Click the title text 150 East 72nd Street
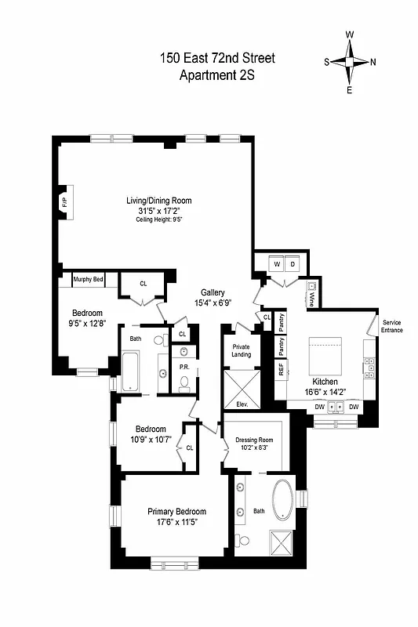pos(217,58)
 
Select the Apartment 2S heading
pos(217,75)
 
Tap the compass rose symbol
pos(351,62)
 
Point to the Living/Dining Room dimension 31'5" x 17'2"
pos(159,211)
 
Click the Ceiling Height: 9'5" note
pos(159,220)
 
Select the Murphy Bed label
pos(88,279)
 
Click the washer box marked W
pos(275,265)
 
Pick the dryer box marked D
pos(293,265)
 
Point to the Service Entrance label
pos(392,326)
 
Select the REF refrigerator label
pos(281,369)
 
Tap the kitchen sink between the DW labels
pos(336,407)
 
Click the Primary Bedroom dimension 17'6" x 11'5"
pos(177,522)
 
